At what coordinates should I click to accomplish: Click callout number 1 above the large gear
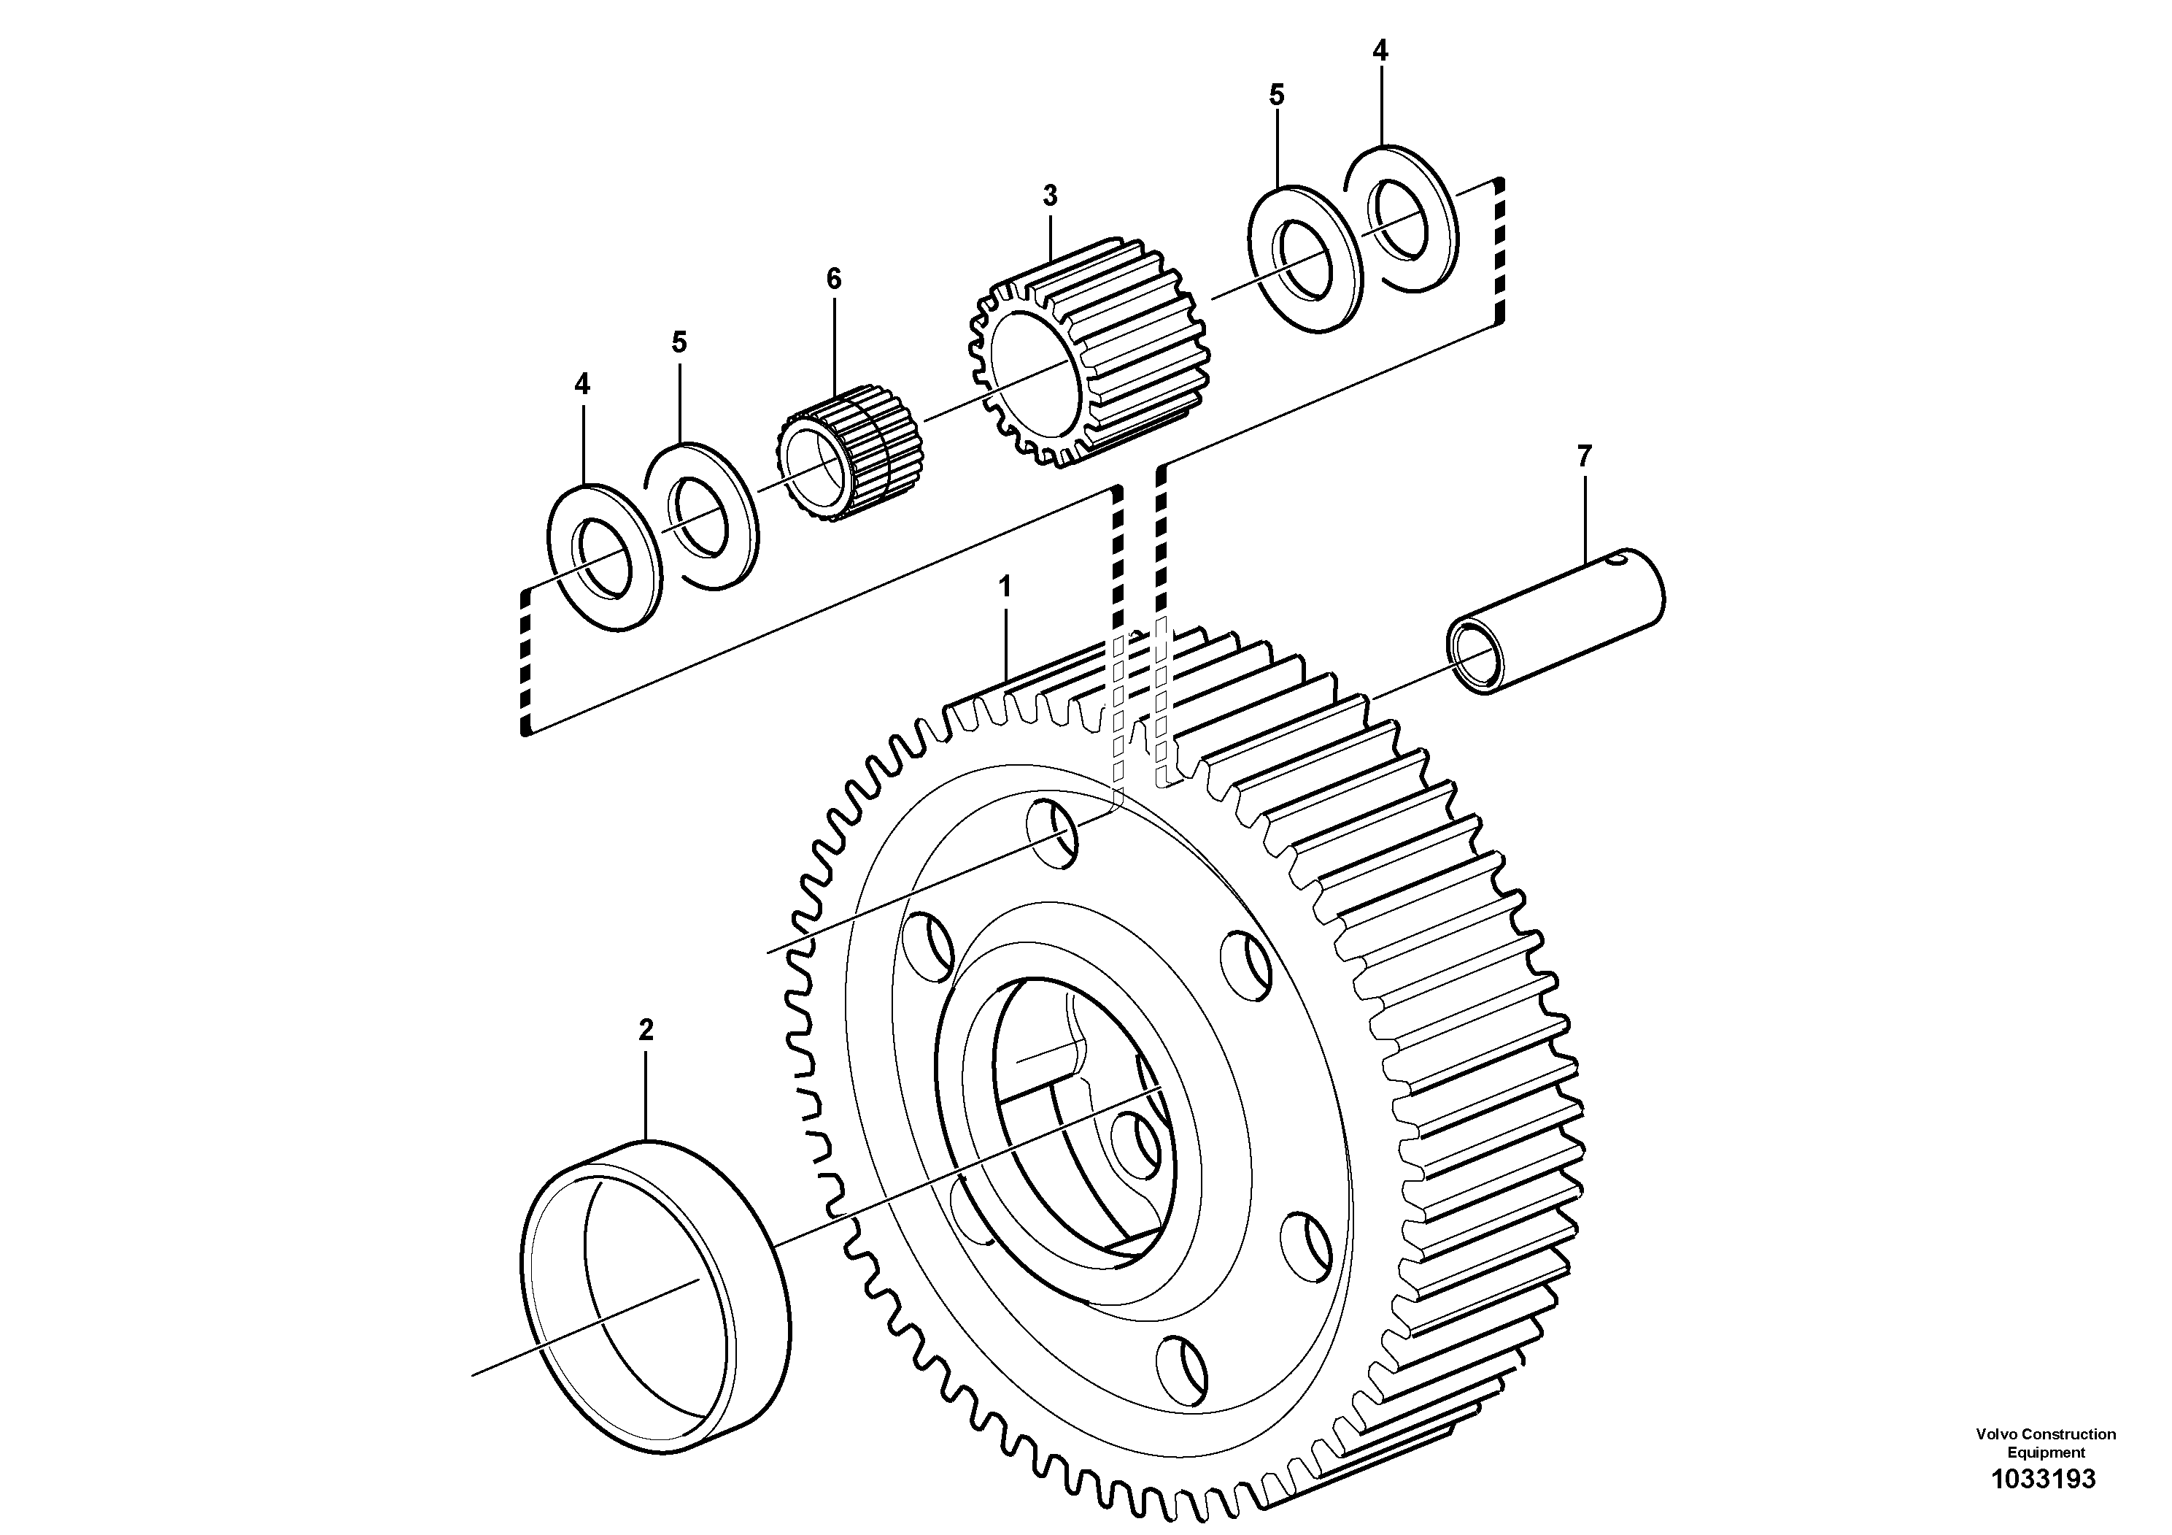tap(1005, 588)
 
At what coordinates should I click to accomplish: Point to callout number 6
tap(832, 278)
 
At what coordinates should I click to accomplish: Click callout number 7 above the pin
tap(1585, 456)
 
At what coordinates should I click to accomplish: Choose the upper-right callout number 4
tap(1380, 51)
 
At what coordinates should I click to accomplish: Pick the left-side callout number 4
tap(581, 384)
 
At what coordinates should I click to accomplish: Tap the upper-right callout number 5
tap(1276, 95)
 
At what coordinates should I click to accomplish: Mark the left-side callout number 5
tap(679, 342)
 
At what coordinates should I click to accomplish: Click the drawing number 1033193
tap(2044, 1480)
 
